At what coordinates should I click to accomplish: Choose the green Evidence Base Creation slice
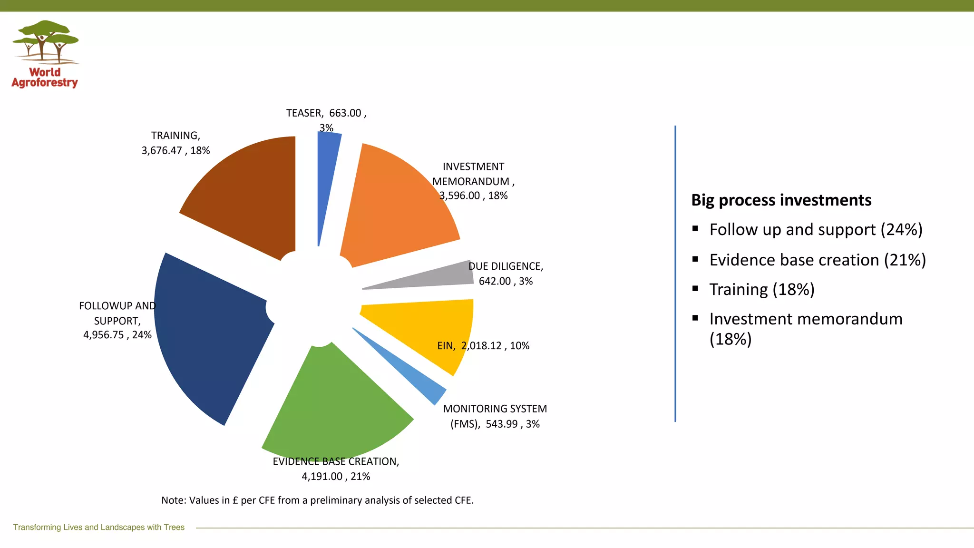[333, 409]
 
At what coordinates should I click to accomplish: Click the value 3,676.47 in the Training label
[162, 151]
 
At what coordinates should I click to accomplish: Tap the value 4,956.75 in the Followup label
[104, 335]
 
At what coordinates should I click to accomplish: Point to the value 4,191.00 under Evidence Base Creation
[322, 476]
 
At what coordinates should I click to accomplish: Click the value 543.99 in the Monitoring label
[502, 424]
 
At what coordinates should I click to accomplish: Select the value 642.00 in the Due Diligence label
[495, 281]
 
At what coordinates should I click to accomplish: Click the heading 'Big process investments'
[781, 200]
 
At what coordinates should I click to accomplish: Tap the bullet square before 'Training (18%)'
[695, 288]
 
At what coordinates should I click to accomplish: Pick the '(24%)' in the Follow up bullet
[901, 230]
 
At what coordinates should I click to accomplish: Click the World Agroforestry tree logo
[46, 43]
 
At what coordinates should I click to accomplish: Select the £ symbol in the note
[235, 500]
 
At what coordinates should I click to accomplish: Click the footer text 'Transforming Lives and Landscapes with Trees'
[99, 527]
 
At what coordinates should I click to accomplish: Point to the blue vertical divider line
[675, 274]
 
